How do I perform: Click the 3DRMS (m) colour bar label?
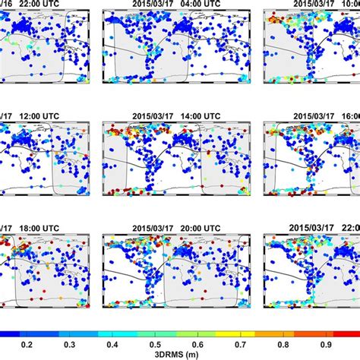tap(179, 354)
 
